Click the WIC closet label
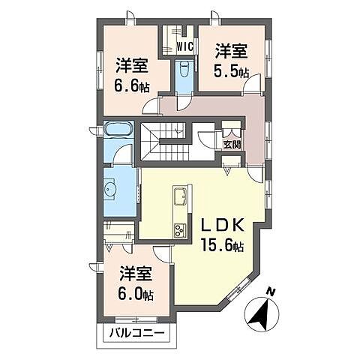185,46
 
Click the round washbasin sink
109,189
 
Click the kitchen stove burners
180,230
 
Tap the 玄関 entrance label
232,145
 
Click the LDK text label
223,226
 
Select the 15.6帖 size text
223,245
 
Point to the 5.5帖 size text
231,71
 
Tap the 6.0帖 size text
136,294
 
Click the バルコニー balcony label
137,333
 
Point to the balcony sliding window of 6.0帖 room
136,319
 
